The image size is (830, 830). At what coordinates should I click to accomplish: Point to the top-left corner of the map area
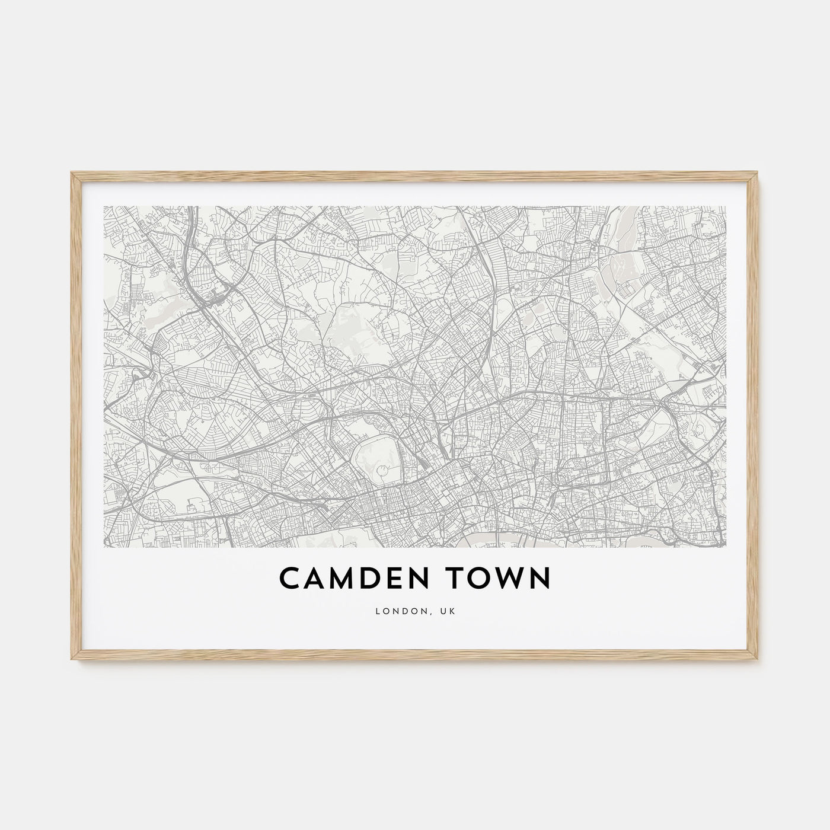pyautogui.click(x=104, y=206)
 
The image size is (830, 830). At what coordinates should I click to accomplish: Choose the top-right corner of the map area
pyautogui.click(x=726, y=206)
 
